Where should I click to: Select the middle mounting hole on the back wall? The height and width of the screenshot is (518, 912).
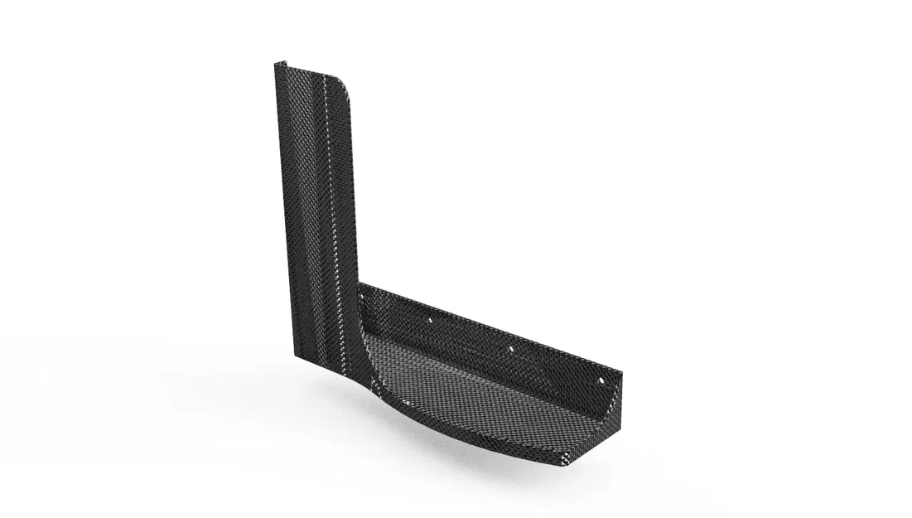coord(511,349)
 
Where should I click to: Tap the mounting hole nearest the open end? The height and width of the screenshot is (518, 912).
coord(599,380)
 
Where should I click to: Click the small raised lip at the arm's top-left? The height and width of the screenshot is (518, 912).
coord(280,65)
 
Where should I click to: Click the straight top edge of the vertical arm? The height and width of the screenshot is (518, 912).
coord(311,70)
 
